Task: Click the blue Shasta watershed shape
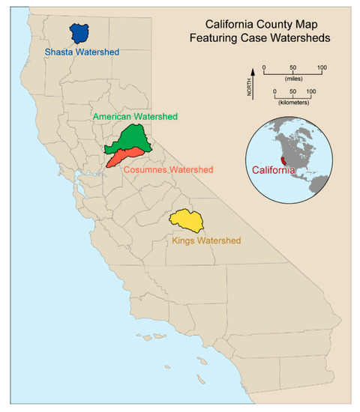click(79, 33)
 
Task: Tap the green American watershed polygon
click(133, 138)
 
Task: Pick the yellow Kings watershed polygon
click(187, 222)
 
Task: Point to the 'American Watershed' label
click(135, 117)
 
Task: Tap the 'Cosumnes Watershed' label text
click(168, 170)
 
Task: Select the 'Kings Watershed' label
click(203, 241)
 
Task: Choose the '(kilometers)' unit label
click(292, 100)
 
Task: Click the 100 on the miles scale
click(321, 68)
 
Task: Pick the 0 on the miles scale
click(264, 68)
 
